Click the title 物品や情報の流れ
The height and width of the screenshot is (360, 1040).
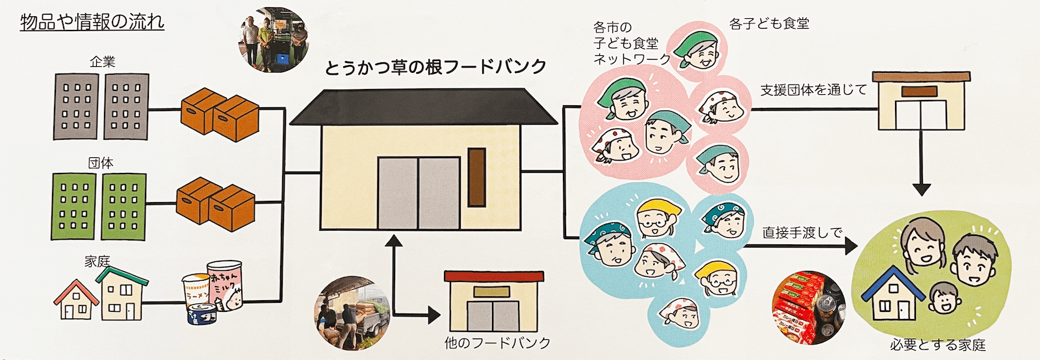point(92,22)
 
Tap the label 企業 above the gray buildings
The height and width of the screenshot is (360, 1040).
point(102,62)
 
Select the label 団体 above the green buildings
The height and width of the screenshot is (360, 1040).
point(101,162)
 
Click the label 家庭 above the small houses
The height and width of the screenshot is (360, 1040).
point(97,261)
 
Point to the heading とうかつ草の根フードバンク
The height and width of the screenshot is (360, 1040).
point(435,68)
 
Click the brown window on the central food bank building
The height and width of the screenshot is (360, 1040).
point(476,177)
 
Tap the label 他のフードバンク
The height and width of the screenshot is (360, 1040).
point(497,342)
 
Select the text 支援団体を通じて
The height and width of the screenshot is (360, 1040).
point(814,90)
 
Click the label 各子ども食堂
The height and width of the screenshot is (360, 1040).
point(769,24)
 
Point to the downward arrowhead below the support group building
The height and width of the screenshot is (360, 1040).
point(921,188)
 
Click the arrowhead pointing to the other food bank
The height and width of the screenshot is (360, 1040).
point(433,316)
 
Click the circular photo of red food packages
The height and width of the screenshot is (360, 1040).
point(808,307)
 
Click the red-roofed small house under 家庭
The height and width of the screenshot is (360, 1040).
point(77,300)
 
